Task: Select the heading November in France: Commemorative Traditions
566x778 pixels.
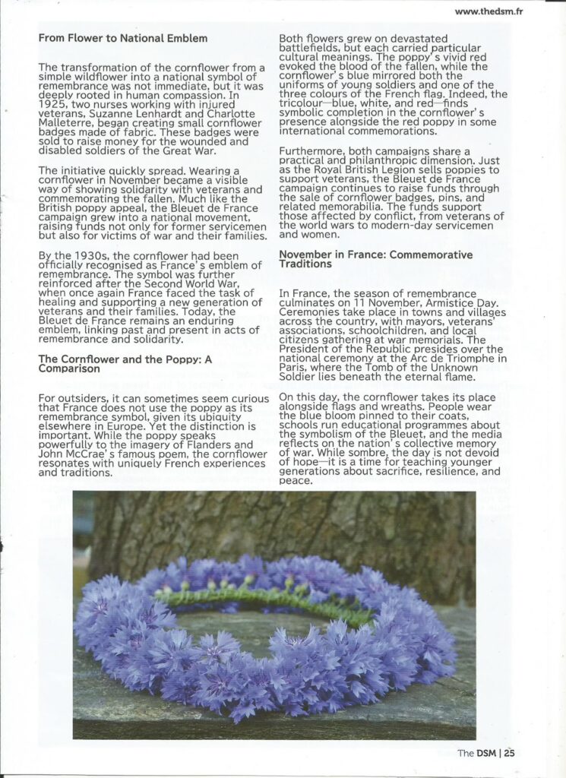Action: [x=375, y=259]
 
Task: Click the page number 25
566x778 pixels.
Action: [x=508, y=753]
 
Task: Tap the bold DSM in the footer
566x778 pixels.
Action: [x=487, y=753]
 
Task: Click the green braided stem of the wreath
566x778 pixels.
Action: [x=266, y=597]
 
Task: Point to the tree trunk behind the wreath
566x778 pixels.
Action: [x=304, y=524]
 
